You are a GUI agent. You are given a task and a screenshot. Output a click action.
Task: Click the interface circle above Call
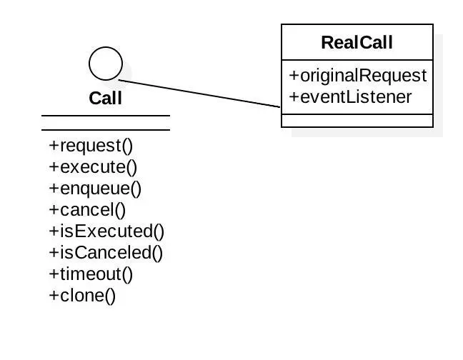coord(106,64)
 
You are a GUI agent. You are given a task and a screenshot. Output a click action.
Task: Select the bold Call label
coord(106,98)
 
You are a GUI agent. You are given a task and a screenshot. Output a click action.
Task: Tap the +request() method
coord(91,146)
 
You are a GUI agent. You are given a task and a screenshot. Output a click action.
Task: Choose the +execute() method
coord(93,167)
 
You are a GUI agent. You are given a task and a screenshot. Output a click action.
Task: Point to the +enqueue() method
coord(95,189)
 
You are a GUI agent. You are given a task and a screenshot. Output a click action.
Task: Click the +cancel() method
coord(87,210)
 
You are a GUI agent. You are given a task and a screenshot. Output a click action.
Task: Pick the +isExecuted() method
coord(106,231)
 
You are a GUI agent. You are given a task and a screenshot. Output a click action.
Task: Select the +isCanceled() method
coord(106,253)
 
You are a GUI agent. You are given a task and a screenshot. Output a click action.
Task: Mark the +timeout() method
coord(91,274)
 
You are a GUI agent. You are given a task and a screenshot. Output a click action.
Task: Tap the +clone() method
coord(82,296)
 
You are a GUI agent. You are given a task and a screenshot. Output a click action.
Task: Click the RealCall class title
coord(357,42)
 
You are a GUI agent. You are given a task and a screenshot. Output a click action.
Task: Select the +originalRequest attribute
coord(357,76)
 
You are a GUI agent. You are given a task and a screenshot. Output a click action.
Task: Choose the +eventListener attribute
coord(350,96)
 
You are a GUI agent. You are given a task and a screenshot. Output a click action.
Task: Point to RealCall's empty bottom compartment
coord(357,121)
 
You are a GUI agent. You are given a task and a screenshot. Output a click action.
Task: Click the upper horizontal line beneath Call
coord(106,116)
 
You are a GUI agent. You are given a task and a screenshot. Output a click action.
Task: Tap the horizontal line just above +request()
coord(106,130)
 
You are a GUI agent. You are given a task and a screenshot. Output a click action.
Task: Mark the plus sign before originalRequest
coord(293,76)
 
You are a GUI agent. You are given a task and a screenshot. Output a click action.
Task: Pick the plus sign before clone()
coord(53,296)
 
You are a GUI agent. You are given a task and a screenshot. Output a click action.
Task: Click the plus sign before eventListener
coord(293,96)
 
